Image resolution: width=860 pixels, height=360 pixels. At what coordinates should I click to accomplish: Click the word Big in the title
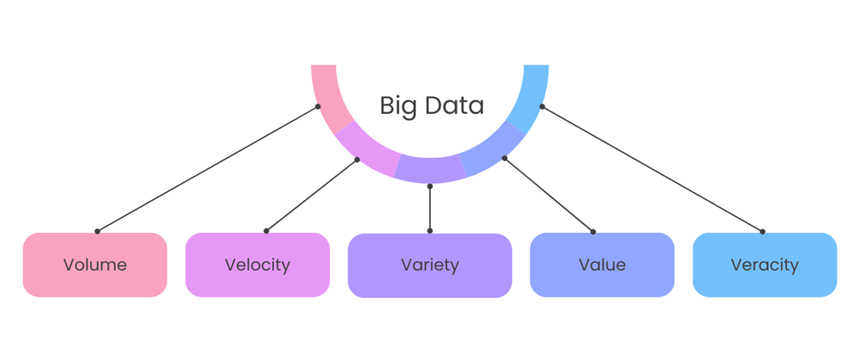tap(398, 105)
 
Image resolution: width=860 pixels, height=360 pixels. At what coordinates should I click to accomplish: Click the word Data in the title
tap(454, 105)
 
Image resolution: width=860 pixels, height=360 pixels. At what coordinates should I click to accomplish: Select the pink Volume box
tap(95, 265)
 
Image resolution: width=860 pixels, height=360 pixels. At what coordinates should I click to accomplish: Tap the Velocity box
tap(257, 265)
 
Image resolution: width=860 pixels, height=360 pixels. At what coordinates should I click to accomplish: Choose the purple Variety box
tap(430, 265)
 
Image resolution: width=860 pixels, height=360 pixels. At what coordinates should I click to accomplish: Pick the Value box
tap(602, 265)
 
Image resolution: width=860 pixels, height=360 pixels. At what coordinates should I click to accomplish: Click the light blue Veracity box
tap(764, 265)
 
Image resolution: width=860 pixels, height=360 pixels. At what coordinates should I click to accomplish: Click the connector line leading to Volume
tap(208, 169)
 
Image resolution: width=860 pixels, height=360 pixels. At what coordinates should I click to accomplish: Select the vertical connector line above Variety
tap(430, 209)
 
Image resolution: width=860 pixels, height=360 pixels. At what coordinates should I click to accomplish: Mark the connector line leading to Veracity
tap(652, 169)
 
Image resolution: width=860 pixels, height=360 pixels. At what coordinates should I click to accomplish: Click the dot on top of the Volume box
tap(97, 231)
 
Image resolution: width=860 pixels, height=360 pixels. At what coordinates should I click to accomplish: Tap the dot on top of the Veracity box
tap(763, 232)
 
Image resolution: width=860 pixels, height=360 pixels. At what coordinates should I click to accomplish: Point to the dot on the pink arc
tap(318, 107)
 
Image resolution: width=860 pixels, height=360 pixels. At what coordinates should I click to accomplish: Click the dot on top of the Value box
tap(593, 232)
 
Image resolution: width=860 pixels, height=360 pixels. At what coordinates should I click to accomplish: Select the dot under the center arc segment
tap(430, 187)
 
